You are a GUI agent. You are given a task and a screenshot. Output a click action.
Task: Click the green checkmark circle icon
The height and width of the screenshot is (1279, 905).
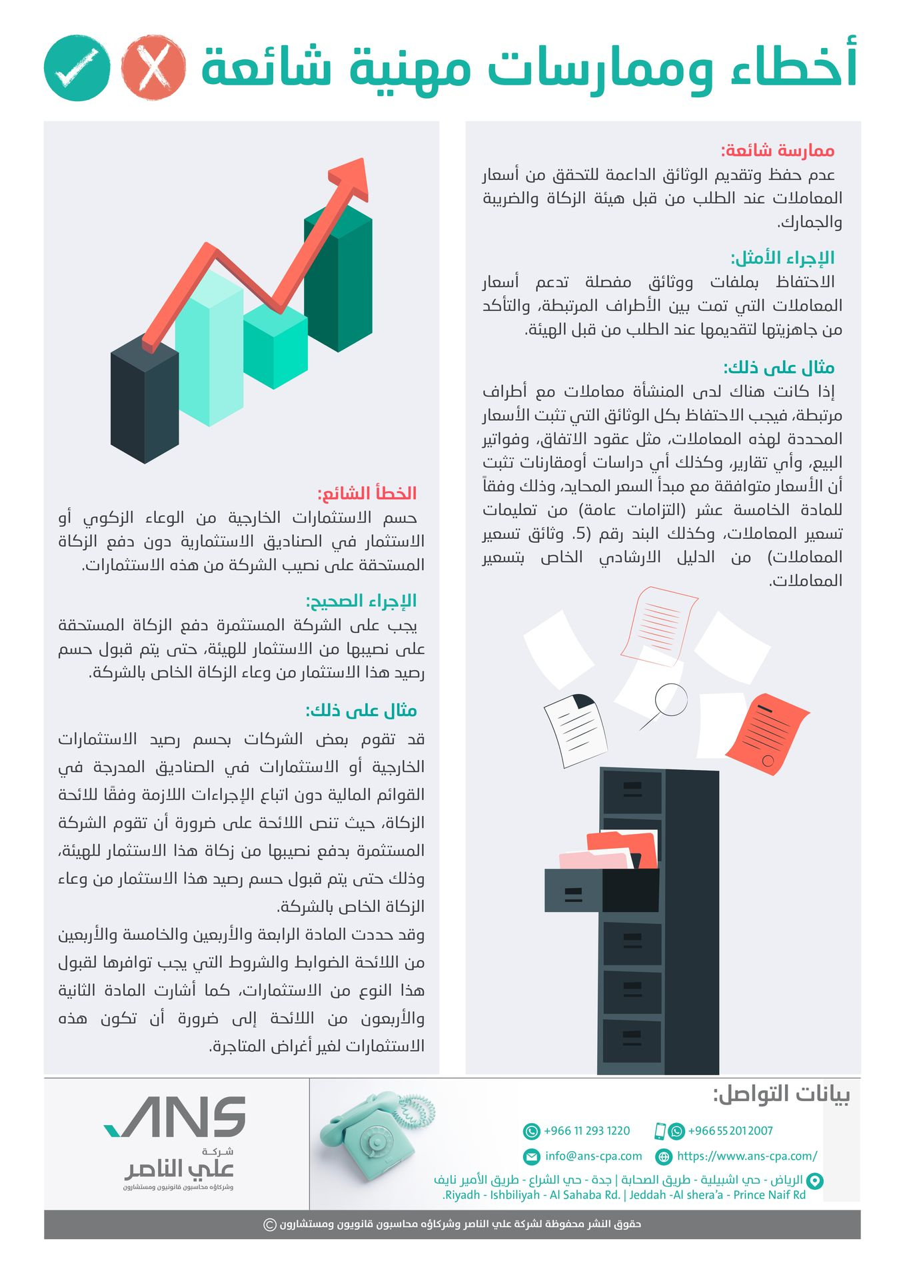pyautogui.click(x=77, y=68)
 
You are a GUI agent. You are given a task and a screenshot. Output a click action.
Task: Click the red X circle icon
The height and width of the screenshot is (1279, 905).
pyautogui.click(x=153, y=68)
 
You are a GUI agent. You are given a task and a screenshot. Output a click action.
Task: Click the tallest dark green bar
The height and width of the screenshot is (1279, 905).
pyautogui.click(x=339, y=280)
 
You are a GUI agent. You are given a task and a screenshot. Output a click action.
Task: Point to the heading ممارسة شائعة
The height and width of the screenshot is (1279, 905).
pyautogui.click(x=778, y=151)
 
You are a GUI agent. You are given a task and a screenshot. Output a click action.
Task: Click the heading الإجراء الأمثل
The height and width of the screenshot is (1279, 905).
pyautogui.click(x=782, y=258)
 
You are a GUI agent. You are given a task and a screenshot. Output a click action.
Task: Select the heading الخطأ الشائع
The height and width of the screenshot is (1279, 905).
pyautogui.click(x=367, y=494)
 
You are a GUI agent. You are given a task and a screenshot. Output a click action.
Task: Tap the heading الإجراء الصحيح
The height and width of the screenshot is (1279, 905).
pyautogui.click(x=361, y=601)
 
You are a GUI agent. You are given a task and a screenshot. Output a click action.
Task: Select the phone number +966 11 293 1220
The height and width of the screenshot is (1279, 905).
pyautogui.click(x=586, y=1130)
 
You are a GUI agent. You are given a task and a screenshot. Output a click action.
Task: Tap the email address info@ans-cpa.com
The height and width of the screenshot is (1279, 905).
pyautogui.click(x=593, y=1156)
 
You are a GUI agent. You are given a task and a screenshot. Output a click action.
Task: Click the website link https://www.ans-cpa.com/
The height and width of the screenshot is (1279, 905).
pyautogui.click(x=746, y=1156)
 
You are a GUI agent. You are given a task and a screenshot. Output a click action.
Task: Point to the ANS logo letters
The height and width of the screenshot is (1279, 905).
pyautogui.click(x=177, y=1116)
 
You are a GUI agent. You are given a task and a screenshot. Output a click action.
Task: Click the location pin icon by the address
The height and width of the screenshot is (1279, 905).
pyautogui.click(x=815, y=1180)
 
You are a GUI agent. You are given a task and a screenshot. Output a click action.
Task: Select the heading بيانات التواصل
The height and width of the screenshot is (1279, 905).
pyautogui.click(x=781, y=1094)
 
